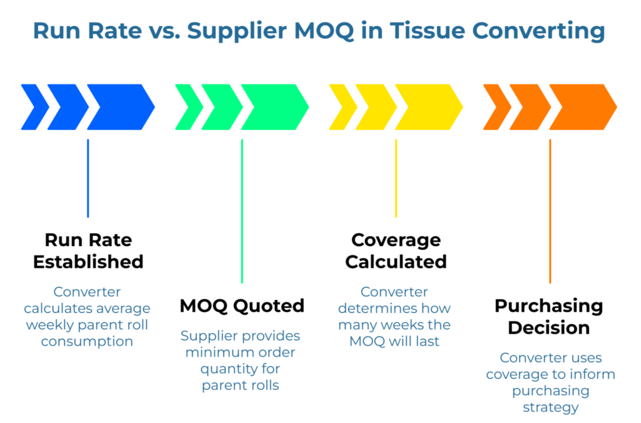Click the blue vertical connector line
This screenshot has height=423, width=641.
click(x=88, y=178)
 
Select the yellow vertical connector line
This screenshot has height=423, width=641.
click(x=396, y=178)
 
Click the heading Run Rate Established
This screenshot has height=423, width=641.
click(x=88, y=251)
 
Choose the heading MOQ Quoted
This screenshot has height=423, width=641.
click(x=242, y=306)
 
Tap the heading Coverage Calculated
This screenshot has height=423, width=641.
click(x=396, y=251)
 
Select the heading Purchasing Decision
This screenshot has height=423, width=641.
click(x=549, y=317)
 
